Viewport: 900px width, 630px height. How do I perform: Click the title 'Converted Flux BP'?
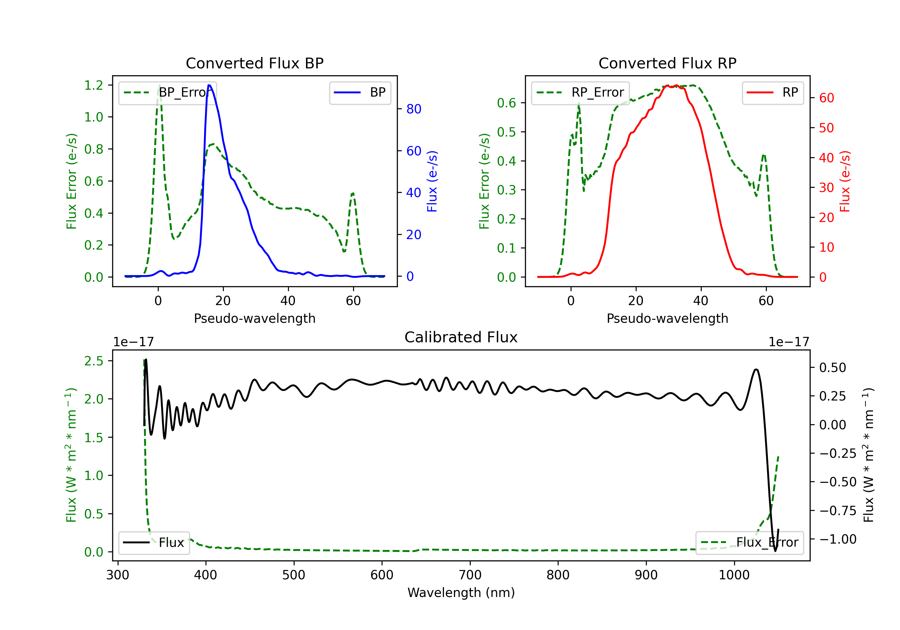(x=254, y=63)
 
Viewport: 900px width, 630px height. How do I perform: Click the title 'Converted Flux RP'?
(x=667, y=63)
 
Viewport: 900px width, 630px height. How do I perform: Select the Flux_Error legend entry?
(x=749, y=543)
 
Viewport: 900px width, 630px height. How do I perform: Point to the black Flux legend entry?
(x=154, y=543)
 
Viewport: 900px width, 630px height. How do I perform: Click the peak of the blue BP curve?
(x=209, y=85)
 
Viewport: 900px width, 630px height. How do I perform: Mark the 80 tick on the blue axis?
(x=413, y=109)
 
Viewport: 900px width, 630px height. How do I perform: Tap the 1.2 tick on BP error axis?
(x=94, y=85)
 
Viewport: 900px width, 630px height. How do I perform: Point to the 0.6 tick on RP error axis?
(x=506, y=103)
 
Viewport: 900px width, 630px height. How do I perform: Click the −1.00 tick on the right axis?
(x=838, y=539)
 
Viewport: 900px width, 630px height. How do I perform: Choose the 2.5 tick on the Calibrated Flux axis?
(x=94, y=361)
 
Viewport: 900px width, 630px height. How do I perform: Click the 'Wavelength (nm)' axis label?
(x=461, y=593)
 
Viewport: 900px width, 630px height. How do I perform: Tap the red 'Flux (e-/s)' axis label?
(x=845, y=181)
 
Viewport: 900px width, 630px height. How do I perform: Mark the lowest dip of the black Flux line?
(x=775, y=551)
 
